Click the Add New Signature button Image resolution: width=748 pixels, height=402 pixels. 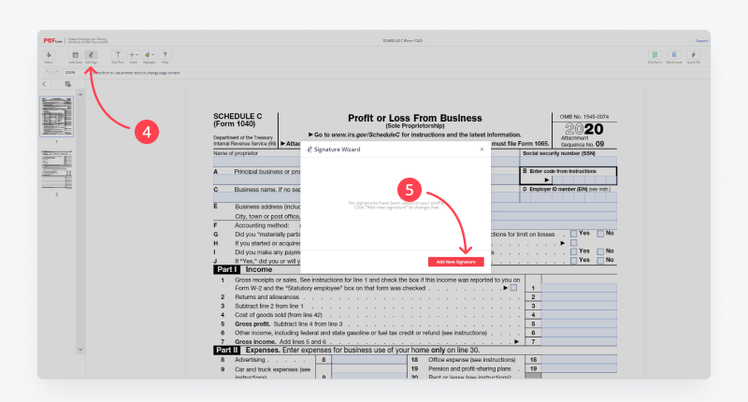pos(456,261)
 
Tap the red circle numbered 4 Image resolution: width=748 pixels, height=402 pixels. pos(143,132)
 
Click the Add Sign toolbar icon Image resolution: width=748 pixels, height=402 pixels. pos(91,56)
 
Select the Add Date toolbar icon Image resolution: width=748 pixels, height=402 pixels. pos(75,56)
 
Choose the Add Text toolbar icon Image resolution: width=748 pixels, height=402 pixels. pos(118,56)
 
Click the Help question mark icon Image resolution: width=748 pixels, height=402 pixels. pos(165,56)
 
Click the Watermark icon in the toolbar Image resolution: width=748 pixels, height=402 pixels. pos(674,56)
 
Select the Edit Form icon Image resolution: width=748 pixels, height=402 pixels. pos(654,56)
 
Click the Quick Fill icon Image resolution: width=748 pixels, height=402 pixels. pos(694,56)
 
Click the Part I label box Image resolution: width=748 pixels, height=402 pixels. pos(225,269)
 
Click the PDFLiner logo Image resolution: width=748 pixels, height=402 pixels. pos(51,40)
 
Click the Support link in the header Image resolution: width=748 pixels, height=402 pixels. pos(701,40)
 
